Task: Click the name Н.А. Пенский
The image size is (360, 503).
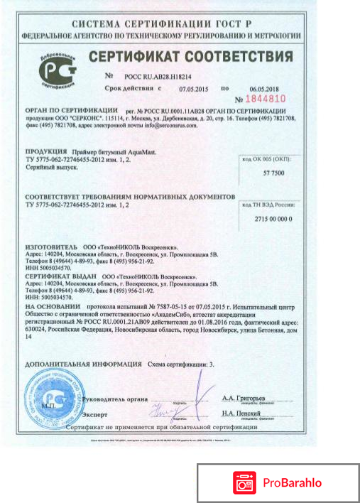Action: click(x=241, y=413)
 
